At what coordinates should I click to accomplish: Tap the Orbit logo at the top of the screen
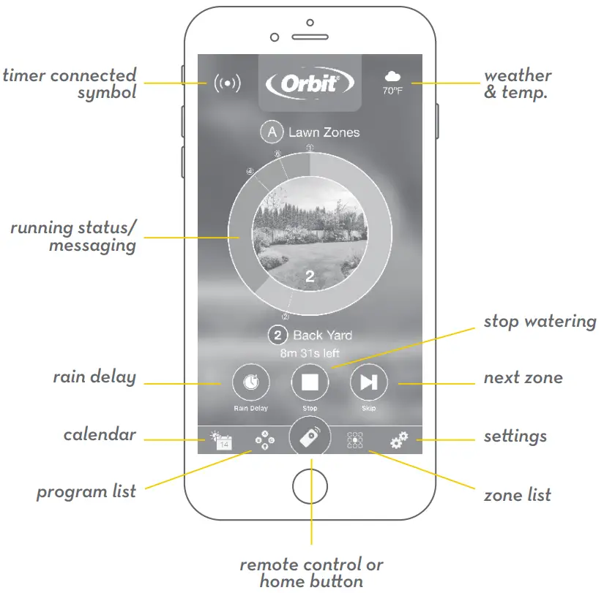click(x=310, y=83)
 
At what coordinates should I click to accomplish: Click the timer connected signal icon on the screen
click(x=227, y=83)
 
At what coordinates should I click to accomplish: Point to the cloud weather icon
click(x=392, y=78)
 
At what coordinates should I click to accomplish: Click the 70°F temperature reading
click(x=392, y=92)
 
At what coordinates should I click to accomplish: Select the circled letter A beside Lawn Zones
click(x=272, y=132)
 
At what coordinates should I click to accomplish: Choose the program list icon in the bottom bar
click(x=264, y=440)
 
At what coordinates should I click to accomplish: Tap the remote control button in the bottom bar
click(x=310, y=437)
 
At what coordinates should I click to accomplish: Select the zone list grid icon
click(x=355, y=440)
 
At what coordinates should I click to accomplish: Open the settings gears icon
click(x=399, y=440)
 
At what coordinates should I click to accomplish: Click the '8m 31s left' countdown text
click(x=310, y=353)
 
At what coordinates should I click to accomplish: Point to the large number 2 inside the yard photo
click(x=310, y=276)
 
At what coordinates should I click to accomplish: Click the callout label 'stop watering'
click(x=540, y=321)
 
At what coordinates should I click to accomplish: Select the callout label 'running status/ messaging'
click(x=73, y=236)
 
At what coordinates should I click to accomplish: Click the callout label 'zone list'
click(x=517, y=495)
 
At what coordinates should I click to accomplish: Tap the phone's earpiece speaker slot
click(x=310, y=37)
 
